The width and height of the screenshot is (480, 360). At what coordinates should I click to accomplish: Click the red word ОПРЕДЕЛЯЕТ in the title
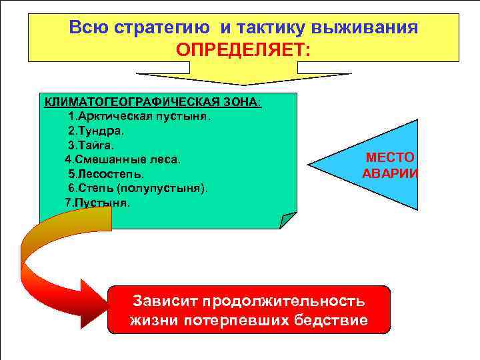[x=243, y=49]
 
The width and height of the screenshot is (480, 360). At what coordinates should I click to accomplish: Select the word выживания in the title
[x=369, y=28]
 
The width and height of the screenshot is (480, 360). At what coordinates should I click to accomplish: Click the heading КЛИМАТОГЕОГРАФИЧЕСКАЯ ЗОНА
[x=152, y=102]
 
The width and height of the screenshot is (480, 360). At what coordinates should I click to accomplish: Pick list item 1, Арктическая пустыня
[x=139, y=116]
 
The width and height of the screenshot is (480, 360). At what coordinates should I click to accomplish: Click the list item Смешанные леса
[x=122, y=159]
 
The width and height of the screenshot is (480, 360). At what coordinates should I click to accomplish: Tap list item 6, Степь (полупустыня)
[x=137, y=188]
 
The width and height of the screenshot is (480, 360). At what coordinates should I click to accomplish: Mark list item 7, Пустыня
[x=97, y=202]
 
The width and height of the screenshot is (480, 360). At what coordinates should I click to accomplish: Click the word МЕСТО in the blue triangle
[x=390, y=158]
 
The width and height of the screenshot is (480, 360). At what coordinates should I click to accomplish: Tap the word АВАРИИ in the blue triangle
[x=390, y=173]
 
